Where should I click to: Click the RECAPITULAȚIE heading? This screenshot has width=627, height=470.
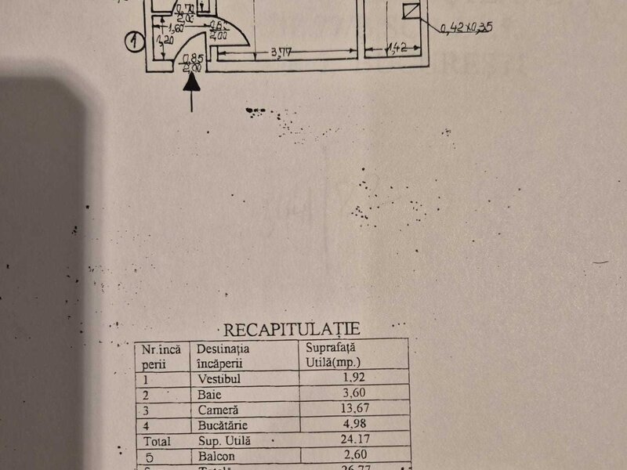(x=292, y=329)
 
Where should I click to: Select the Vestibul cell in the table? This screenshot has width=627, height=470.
(x=214, y=377)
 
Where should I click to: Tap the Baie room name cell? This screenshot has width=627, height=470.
(x=208, y=393)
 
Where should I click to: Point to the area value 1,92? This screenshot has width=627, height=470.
(x=353, y=377)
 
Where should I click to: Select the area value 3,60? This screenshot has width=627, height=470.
(x=353, y=393)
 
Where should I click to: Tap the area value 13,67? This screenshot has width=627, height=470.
(x=352, y=409)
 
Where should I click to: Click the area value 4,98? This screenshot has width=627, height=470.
(x=353, y=425)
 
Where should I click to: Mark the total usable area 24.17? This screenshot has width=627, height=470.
(x=353, y=440)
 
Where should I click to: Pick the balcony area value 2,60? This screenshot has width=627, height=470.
(x=353, y=456)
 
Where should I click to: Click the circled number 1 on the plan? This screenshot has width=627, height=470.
(x=135, y=41)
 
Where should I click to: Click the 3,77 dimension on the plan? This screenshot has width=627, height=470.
(x=281, y=53)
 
